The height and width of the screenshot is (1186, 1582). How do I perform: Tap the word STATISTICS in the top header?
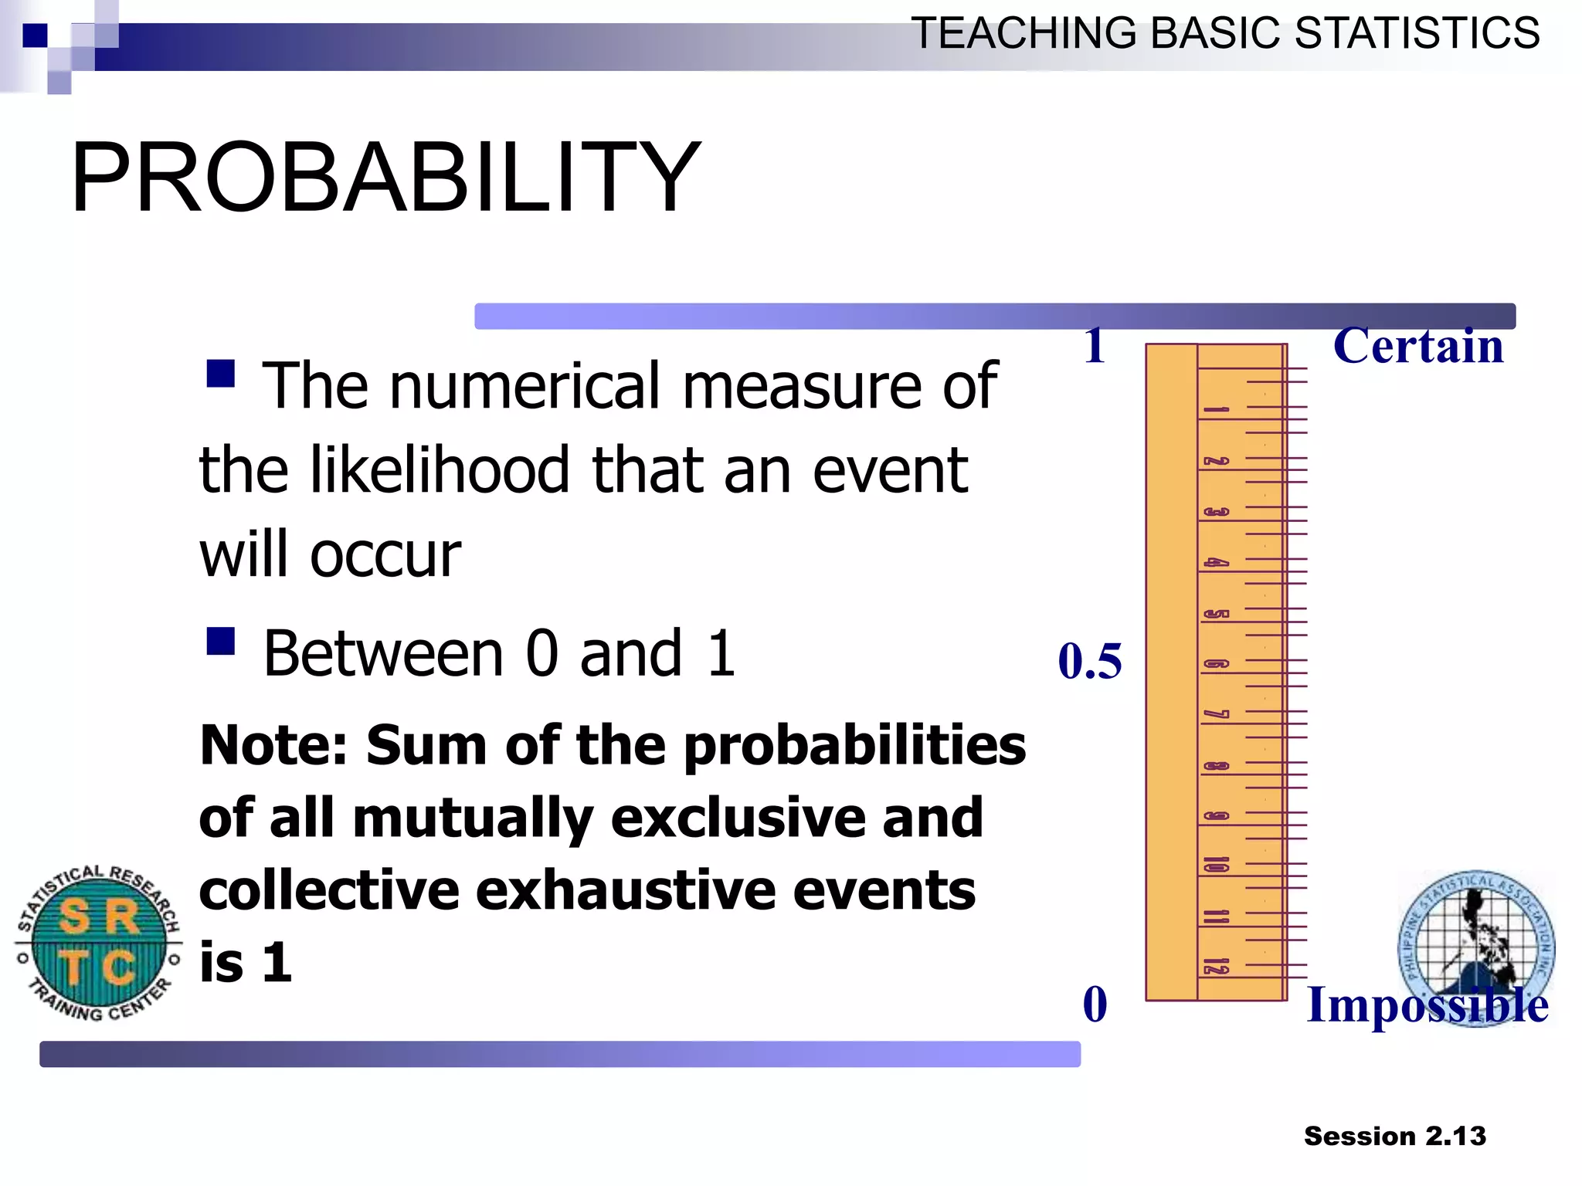pyautogui.click(x=1417, y=34)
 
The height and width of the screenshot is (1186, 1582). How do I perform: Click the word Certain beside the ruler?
pyautogui.click(x=1418, y=346)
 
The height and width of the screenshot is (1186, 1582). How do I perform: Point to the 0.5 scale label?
pyautogui.click(x=1089, y=662)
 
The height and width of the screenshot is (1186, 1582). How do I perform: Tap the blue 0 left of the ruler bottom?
pyautogui.click(x=1095, y=1005)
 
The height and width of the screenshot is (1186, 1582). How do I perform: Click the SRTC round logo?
pyautogui.click(x=99, y=943)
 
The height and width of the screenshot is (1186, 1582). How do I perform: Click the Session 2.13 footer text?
pyautogui.click(x=1394, y=1136)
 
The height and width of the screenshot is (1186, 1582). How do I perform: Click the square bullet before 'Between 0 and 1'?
pyautogui.click(x=221, y=641)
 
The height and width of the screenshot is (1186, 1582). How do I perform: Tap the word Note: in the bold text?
pyautogui.click(x=273, y=746)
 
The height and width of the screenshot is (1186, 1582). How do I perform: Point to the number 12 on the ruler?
pyautogui.click(x=1215, y=966)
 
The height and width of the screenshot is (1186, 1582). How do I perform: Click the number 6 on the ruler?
pyautogui.click(x=1215, y=664)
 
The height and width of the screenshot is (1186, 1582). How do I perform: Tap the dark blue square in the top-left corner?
pyautogui.click(x=35, y=36)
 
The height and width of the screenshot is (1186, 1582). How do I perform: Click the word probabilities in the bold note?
pyautogui.click(x=854, y=746)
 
